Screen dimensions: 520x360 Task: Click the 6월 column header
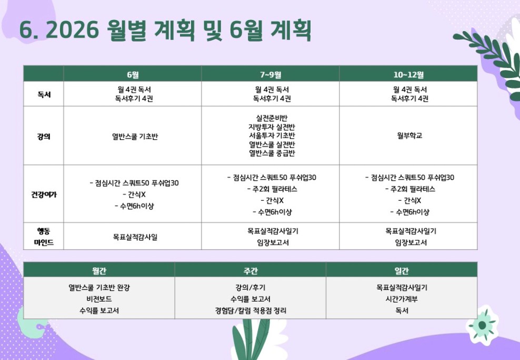click(x=133, y=75)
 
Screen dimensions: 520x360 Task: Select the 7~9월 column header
click(x=271, y=75)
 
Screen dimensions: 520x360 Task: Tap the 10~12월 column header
click(x=408, y=75)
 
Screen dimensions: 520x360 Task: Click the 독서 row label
click(x=44, y=95)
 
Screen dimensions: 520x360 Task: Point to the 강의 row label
click(x=44, y=136)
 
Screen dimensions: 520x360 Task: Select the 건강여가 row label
click(x=44, y=194)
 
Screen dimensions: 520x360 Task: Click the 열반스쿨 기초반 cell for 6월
click(x=135, y=136)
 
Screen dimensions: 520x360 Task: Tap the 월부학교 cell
click(x=409, y=135)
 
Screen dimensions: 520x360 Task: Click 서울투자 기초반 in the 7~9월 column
click(x=272, y=135)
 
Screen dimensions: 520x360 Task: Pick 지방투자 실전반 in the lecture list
click(x=272, y=127)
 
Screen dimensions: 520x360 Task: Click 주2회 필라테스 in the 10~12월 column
click(x=410, y=189)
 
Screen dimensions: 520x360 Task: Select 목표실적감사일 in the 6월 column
click(x=135, y=237)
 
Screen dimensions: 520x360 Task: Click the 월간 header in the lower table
click(x=99, y=271)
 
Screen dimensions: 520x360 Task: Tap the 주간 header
click(x=251, y=271)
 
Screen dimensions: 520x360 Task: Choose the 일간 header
click(x=402, y=271)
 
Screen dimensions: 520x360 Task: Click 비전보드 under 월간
click(x=99, y=298)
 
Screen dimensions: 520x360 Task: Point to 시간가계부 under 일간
click(x=402, y=298)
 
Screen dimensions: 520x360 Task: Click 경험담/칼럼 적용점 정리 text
click(x=251, y=311)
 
